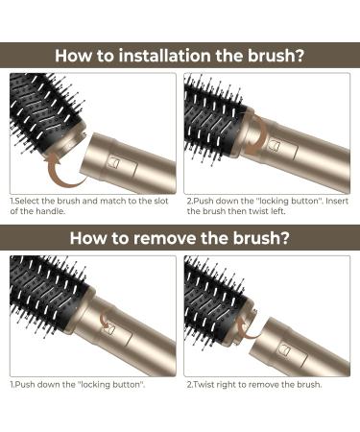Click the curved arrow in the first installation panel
click(64, 171)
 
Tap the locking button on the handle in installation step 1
click(116, 162)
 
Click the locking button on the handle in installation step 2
click(276, 145)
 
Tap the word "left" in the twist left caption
click(276, 211)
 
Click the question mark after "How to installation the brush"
click(300, 55)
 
